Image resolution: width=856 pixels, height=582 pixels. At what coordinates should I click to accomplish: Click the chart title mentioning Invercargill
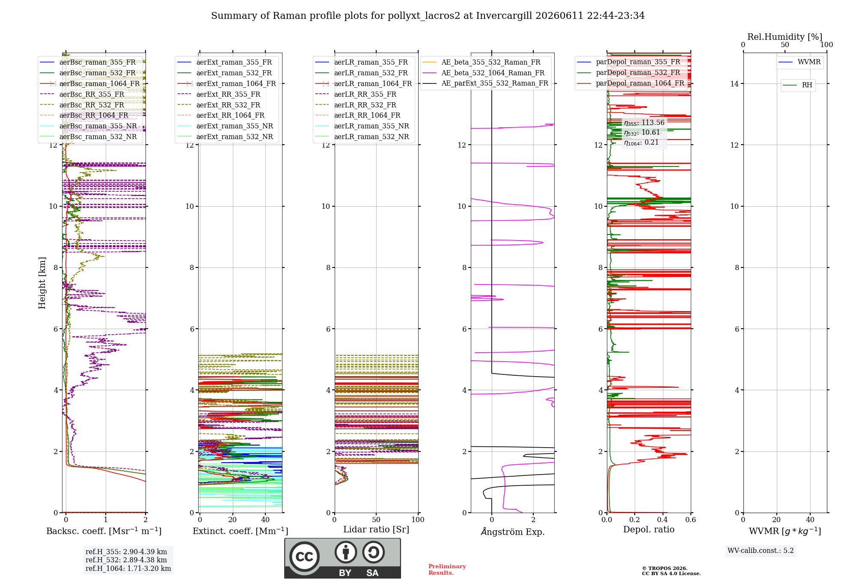coord(428,16)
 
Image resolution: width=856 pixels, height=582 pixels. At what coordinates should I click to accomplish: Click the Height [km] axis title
coord(42,283)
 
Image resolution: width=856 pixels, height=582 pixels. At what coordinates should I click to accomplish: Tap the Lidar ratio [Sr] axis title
coord(376,529)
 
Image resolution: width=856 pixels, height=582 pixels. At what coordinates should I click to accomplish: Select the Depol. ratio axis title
coord(649,529)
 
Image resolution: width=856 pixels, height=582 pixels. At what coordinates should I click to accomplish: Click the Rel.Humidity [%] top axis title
coord(785,37)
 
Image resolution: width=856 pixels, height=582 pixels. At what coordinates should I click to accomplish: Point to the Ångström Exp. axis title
coord(513,532)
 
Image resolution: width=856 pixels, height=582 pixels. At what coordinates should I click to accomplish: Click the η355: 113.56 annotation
coord(644,123)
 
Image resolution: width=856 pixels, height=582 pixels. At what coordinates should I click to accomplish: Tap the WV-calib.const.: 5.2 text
coord(761,551)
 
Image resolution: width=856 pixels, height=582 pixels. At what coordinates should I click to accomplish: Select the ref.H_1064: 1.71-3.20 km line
coord(128,569)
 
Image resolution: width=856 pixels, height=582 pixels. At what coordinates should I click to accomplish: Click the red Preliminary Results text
coord(447,570)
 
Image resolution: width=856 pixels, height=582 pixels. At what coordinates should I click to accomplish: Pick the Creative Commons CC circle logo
coord(304,556)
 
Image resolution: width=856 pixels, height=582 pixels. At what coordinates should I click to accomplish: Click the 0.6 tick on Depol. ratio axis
coord(691,520)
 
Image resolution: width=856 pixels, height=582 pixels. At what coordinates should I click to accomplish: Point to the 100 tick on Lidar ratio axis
coord(418,520)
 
